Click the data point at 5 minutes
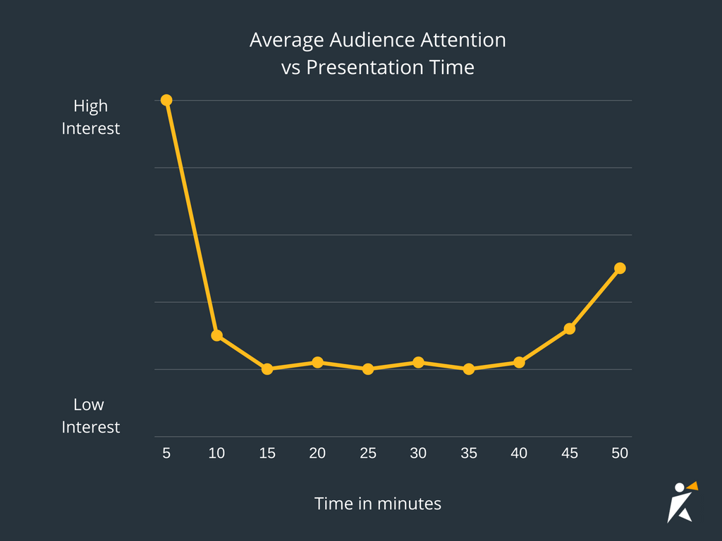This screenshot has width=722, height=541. (166, 100)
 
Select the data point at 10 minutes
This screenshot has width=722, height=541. (217, 335)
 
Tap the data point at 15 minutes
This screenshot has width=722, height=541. (267, 368)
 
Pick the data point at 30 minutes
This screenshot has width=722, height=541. (418, 362)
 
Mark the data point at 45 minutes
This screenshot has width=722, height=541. (570, 328)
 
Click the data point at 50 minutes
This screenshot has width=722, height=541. (620, 268)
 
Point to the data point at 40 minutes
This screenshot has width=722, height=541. (519, 362)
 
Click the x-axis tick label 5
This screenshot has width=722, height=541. (166, 454)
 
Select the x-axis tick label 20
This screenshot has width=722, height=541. (317, 454)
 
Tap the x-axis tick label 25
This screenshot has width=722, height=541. (368, 454)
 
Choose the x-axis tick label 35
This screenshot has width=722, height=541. (469, 454)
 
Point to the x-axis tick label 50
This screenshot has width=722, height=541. (620, 454)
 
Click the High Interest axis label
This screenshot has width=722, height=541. (91, 117)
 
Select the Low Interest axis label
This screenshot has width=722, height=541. (91, 416)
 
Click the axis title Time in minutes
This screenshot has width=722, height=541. (378, 504)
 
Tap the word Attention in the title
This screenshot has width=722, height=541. (463, 40)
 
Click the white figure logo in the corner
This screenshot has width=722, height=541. (680, 502)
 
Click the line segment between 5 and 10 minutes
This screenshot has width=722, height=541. (192, 218)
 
